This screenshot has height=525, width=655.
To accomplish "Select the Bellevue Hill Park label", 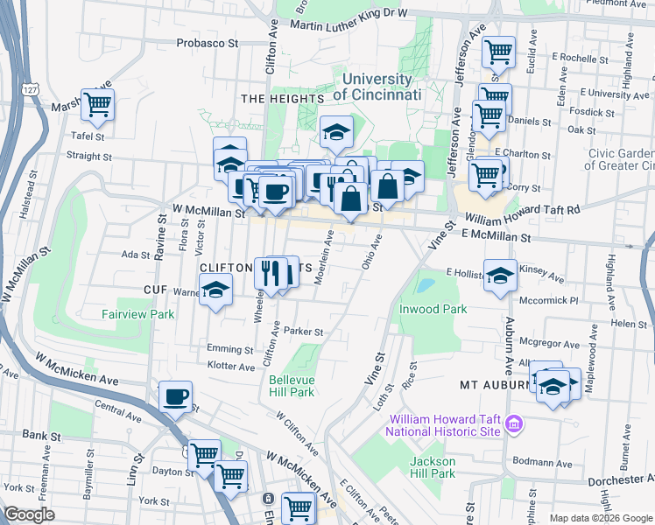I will click(290, 386).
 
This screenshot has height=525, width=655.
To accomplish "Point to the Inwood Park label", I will click(433, 309).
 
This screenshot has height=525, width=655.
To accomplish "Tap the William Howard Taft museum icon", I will click(515, 425).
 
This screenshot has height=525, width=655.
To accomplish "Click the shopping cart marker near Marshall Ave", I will click(97, 104).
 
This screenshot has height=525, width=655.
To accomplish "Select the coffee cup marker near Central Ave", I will click(176, 395).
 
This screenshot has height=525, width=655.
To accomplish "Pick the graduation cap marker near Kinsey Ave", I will click(500, 275).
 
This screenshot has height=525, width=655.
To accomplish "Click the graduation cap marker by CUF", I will click(214, 290).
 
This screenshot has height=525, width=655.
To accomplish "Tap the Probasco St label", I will click(208, 42).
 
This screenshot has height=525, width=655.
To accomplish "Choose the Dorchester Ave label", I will click(620, 479).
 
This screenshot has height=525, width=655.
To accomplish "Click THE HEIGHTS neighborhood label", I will click(277, 99).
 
